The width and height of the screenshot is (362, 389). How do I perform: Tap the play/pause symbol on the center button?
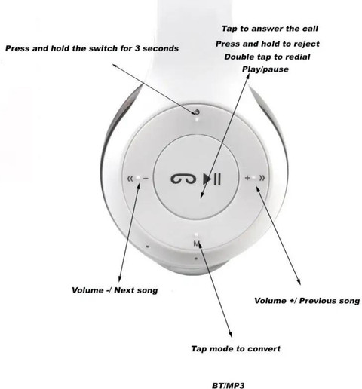coord(212,179)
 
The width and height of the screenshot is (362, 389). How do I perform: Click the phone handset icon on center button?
coord(183,179)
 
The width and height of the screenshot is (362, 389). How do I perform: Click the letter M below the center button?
coord(196,245)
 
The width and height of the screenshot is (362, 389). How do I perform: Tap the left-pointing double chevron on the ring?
coord(131,179)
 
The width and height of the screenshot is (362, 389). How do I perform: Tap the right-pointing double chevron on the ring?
coord(261,179)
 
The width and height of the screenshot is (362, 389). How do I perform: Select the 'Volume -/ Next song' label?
coord(115,290)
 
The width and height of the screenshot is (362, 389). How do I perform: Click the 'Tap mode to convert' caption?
coord(236,349)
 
